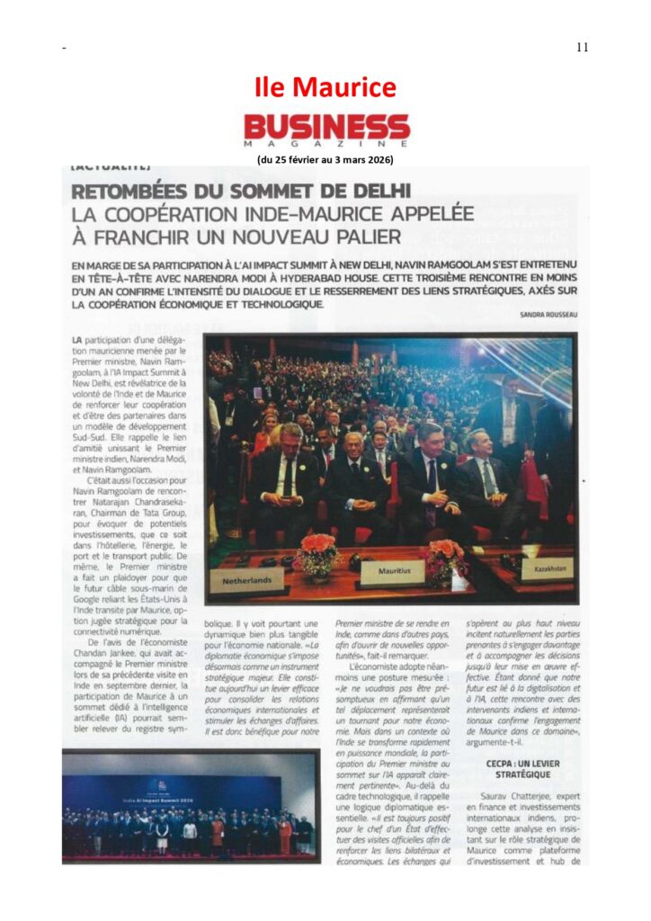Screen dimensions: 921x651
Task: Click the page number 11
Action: click(583, 48)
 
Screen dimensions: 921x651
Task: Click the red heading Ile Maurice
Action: click(325, 87)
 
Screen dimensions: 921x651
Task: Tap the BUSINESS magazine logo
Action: click(326, 126)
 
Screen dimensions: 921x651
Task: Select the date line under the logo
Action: click(325, 160)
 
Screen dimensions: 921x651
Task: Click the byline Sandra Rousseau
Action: click(548, 314)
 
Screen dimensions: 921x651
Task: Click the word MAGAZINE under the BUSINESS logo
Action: click(326, 144)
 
